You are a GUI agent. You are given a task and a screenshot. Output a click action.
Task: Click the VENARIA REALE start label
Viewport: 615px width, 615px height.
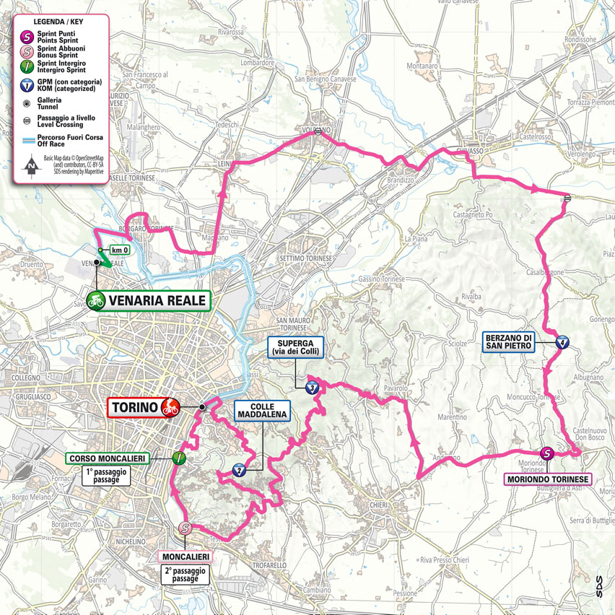(x=157, y=300)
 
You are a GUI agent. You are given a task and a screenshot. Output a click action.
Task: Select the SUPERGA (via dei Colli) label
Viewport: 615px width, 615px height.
(x=296, y=346)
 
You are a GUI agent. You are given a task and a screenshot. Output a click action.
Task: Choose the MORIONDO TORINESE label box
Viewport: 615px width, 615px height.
(x=548, y=479)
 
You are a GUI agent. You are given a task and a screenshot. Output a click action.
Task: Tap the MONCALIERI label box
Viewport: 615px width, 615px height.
(x=185, y=557)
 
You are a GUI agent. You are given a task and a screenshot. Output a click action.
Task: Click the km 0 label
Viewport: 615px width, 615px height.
(x=120, y=250)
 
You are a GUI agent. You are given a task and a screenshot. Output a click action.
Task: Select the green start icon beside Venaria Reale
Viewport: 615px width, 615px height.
(x=95, y=300)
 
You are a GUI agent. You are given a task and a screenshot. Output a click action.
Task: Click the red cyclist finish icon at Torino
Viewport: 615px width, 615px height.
(x=170, y=407)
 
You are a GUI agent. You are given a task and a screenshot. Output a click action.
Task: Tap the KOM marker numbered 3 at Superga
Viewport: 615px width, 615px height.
(x=311, y=388)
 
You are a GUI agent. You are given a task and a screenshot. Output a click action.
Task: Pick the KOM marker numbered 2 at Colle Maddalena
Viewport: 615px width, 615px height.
(x=239, y=471)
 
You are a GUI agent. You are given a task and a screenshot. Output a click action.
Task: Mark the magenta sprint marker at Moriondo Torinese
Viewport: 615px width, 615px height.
(x=547, y=453)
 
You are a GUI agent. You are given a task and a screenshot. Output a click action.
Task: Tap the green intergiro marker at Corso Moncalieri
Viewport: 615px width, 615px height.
(x=178, y=457)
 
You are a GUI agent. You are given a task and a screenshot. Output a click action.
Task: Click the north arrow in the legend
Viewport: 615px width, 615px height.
(x=31, y=165)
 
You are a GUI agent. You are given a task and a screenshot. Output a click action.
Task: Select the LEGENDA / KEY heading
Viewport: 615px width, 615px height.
(x=56, y=21)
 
